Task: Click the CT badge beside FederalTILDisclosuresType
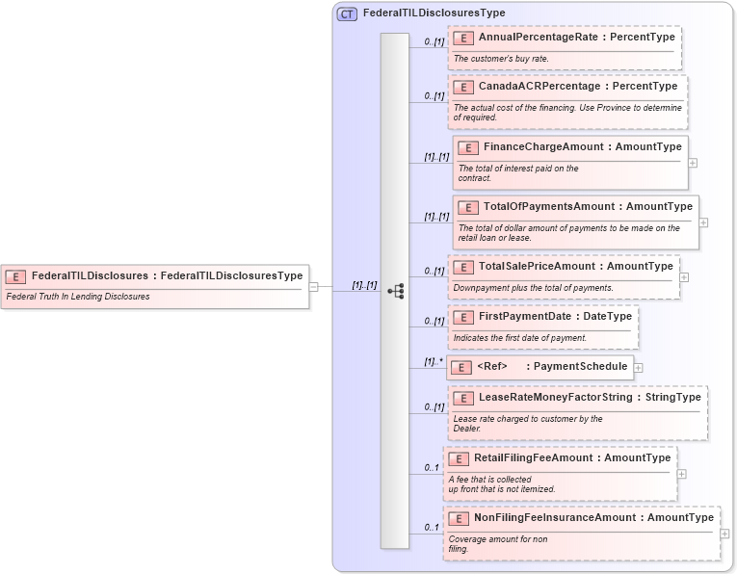[x=347, y=13]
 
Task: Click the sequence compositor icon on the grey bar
[x=395, y=291]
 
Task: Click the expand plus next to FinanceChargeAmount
[x=693, y=163]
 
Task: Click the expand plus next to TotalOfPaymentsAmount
[x=703, y=222]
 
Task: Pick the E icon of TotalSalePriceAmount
[x=462, y=267]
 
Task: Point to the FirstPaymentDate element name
[x=517, y=317]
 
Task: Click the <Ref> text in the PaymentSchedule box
[x=491, y=367]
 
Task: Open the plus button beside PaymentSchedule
[x=638, y=367]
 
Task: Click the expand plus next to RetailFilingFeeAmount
[x=682, y=473]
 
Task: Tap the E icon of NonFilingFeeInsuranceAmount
[x=458, y=518]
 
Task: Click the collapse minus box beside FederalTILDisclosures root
[x=314, y=286]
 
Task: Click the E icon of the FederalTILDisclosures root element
[x=15, y=276]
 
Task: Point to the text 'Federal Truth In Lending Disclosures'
[x=78, y=297]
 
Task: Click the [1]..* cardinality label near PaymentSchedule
[x=434, y=362]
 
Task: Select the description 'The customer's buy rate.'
[x=501, y=59]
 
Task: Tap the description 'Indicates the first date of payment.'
[x=520, y=338]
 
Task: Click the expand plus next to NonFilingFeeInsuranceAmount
[x=724, y=533]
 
